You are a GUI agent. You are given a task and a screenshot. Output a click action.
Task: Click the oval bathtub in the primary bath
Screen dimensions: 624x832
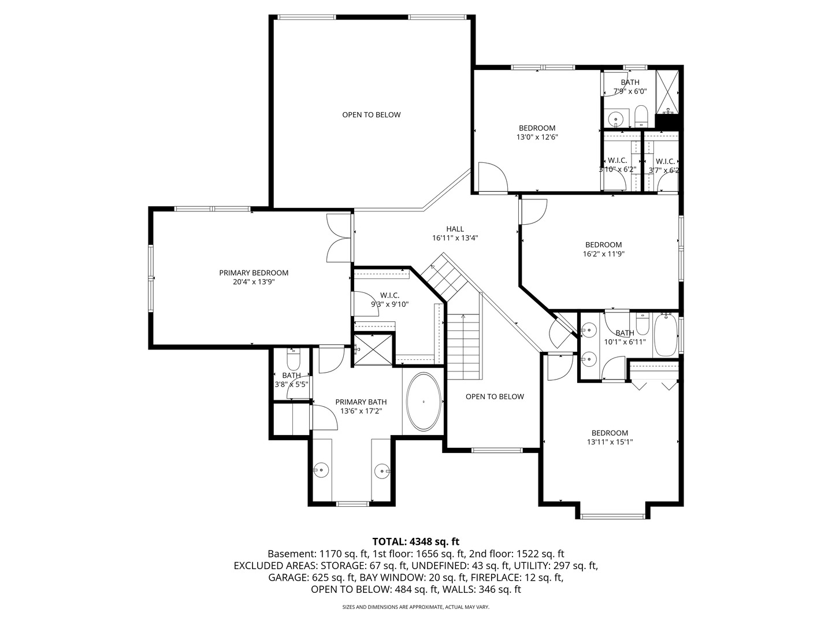(x=424, y=402)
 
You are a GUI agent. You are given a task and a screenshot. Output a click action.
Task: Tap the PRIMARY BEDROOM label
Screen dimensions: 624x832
(x=254, y=273)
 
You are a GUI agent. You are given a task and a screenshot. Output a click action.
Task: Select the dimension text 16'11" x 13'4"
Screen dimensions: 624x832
(x=455, y=238)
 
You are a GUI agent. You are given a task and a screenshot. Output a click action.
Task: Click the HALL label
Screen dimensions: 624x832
(x=455, y=229)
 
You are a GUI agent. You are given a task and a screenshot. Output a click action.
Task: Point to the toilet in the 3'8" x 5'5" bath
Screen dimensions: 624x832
(x=294, y=362)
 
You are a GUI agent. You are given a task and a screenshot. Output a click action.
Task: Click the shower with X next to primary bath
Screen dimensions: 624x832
(x=373, y=350)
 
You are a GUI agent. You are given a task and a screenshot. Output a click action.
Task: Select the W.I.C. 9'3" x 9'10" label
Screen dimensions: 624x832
(x=389, y=299)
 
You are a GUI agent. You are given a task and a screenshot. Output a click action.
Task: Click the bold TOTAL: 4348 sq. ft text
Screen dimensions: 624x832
(x=415, y=541)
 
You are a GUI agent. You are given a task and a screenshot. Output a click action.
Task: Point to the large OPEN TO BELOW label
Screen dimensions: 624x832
(x=371, y=114)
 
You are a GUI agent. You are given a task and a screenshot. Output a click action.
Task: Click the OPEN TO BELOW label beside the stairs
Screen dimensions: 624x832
(x=495, y=396)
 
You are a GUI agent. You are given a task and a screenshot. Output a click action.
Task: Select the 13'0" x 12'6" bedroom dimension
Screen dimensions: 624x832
(x=537, y=138)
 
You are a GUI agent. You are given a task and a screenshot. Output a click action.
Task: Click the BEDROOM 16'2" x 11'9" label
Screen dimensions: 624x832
(x=603, y=249)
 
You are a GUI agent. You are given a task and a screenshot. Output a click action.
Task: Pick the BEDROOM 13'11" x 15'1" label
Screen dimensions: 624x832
(x=610, y=437)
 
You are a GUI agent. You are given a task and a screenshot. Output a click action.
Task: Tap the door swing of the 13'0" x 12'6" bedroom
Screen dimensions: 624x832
(x=492, y=176)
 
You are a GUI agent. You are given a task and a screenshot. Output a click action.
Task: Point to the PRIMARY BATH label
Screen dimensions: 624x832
(x=361, y=402)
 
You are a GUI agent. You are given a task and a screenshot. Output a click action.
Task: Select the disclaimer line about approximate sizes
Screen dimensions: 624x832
(x=415, y=607)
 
